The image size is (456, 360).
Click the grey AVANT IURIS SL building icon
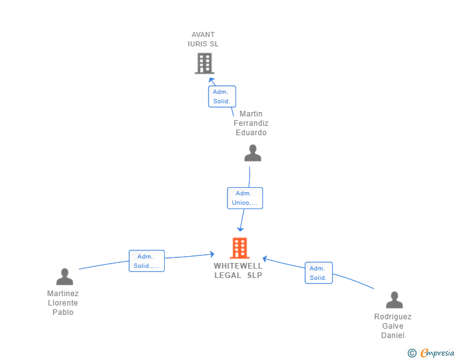(204, 63)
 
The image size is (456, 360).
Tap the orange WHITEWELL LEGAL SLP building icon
(240, 248)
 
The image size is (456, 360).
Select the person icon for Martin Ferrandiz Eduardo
(252, 153)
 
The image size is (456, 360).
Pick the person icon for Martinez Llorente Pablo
(65, 276)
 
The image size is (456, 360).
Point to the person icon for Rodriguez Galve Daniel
(394, 300)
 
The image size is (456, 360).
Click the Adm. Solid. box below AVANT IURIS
(222, 96)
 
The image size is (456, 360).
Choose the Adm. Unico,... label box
(245, 198)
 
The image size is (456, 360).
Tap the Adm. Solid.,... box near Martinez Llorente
(147, 261)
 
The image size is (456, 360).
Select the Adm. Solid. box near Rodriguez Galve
(318, 273)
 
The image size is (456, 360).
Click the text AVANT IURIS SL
(203, 39)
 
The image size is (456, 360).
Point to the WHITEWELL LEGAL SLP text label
(238, 270)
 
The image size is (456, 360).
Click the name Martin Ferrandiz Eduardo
(251, 123)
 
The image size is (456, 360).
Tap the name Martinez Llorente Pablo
(63, 303)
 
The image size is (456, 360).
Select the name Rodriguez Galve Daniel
(393, 326)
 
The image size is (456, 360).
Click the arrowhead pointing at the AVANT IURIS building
(211, 81)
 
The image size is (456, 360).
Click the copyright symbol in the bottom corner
(412, 353)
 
